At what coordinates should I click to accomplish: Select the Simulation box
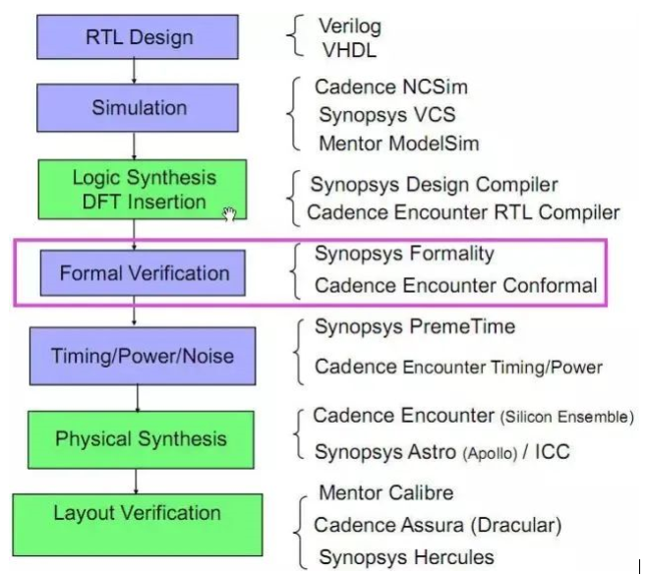point(138,108)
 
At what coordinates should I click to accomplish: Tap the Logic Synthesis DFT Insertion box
point(144,190)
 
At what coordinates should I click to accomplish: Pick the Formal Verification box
point(144,272)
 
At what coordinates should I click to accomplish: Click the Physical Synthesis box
point(140,438)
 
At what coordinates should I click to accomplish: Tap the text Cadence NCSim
point(391,87)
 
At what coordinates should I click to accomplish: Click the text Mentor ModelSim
point(398,144)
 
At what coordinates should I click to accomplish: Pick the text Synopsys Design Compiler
point(435,185)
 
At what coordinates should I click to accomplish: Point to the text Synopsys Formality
point(404,254)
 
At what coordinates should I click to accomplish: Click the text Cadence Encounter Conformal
point(455,286)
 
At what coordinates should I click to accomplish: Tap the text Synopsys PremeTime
point(414,326)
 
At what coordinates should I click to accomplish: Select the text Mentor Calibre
point(385,492)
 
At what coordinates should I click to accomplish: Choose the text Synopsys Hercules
point(405,557)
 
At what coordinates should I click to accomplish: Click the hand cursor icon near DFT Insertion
point(230,213)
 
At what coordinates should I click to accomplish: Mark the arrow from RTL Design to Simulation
point(135,72)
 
